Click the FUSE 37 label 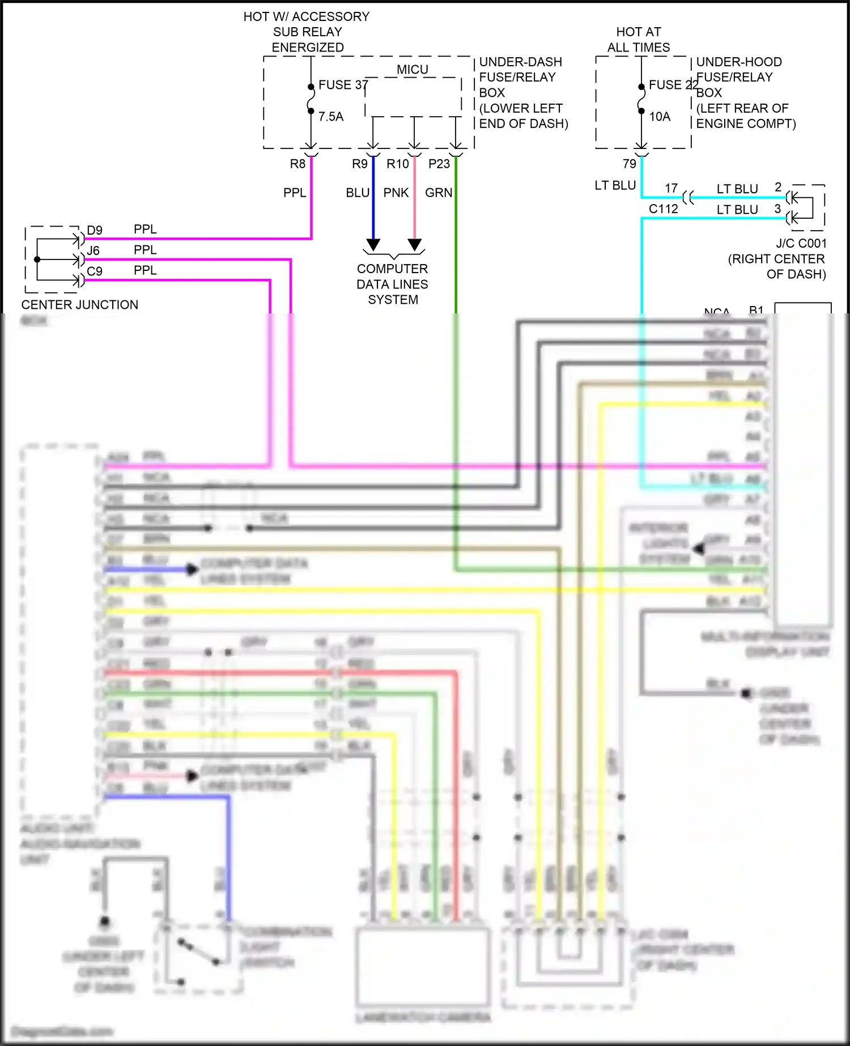tap(342, 85)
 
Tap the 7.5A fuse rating tap(331, 117)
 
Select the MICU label tap(412, 70)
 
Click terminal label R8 tap(297, 164)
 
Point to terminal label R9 tap(360, 164)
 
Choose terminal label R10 tap(398, 164)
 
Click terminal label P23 tap(439, 164)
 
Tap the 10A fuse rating tap(660, 117)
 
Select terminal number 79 tap(630, 164)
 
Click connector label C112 tap(664, 209)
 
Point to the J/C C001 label tap(801, 244)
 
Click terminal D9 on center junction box tap(95, 231)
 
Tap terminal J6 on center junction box tap(93, 251)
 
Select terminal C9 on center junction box tap(95, 271)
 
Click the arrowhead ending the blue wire tap(373, 245)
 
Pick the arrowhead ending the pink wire tap(415, 245)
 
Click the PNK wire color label tap(396, 193)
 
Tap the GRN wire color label tap(439, 193)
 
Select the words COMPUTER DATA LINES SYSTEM tap(392, 284)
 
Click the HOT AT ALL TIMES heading tap(639, 40)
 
